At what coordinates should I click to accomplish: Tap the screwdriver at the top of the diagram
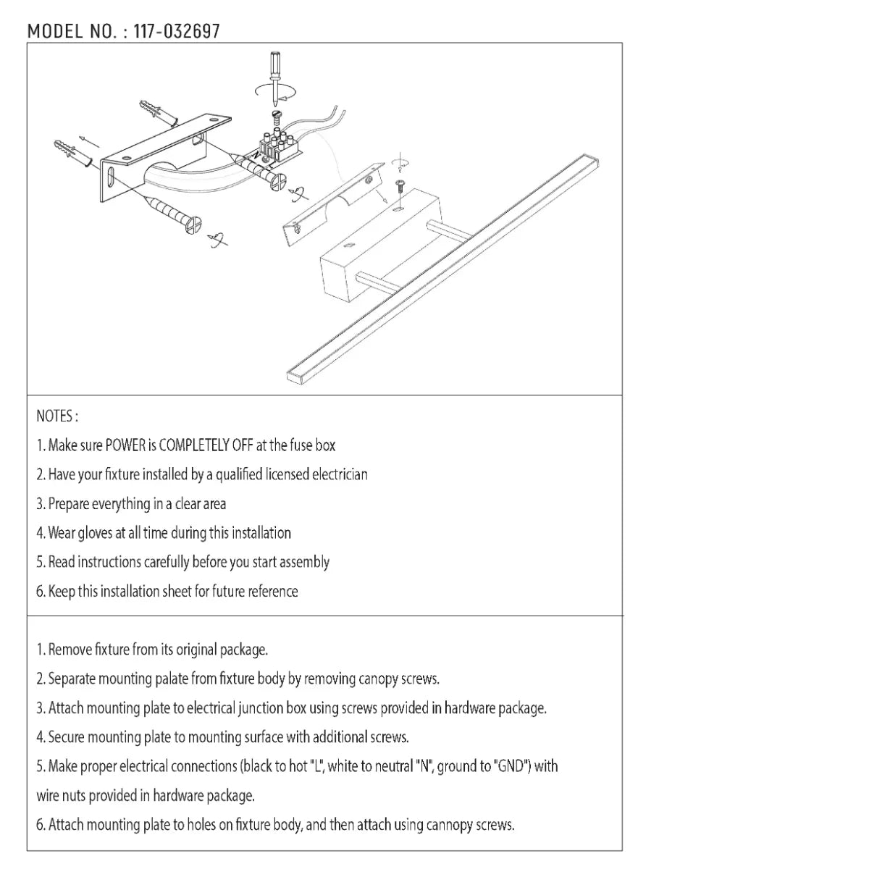click(x=275, y=72)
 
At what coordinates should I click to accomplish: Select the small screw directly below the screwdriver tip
click(x=274, y=114)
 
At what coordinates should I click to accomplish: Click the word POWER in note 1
click(x=125, y=445)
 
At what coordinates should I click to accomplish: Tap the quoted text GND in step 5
click(x=511, y=766)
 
